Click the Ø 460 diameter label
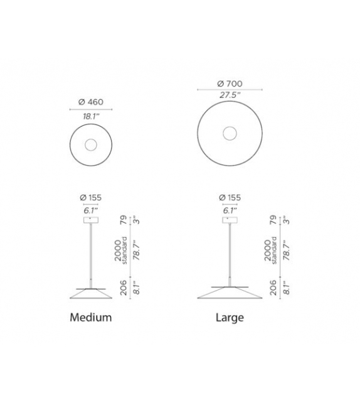point(91,102)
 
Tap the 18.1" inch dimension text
point(91,116)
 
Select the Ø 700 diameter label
point(230,84)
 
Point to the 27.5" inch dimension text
point(230,95)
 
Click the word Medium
point(91,317)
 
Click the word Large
point(230,317)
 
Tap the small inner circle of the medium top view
point(91,145)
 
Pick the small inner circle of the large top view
point(230,132)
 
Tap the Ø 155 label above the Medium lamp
point(91,198)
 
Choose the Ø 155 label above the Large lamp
point(230,198)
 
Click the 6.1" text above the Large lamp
point(230,210)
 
